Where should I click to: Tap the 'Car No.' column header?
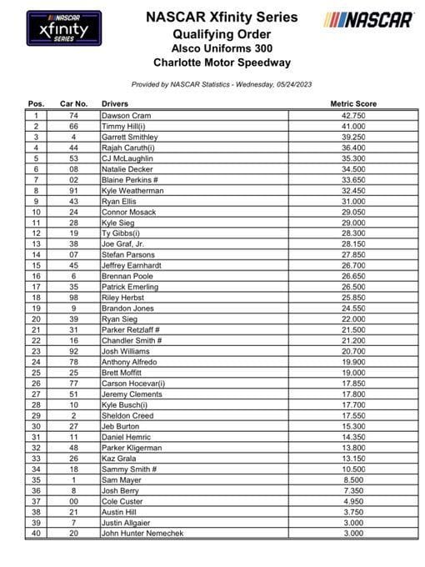pyautogui.click(x=73, y=103)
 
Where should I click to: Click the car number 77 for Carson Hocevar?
pyautogui.click(x=74, y=384)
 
